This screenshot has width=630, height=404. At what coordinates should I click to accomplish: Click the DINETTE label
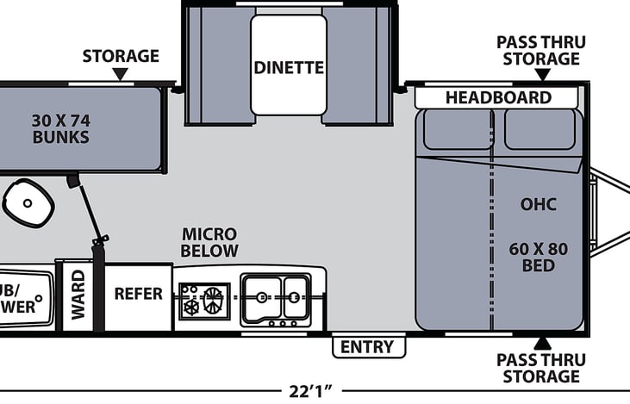[x=288, y=67]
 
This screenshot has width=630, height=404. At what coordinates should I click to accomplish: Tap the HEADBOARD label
[x=497, y=97]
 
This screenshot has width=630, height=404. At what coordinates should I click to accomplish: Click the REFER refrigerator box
[x=139, y=295]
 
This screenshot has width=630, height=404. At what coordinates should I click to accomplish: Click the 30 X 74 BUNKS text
[x=60, y=128]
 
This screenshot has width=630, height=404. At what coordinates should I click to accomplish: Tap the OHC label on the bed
[x=539, y=204]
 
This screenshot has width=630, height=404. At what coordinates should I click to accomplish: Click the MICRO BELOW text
[x=209, y=242]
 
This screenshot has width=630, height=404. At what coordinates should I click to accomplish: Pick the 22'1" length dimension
[x=312, y=392]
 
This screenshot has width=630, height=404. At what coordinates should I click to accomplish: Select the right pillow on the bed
[x=540, y=129]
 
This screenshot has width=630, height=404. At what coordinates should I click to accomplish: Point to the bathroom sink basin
[x=28, y=204]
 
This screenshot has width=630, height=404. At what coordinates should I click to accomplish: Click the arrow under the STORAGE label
[x=122, y=75]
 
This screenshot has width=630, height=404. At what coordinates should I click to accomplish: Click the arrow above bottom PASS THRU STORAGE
[x=541, y=344]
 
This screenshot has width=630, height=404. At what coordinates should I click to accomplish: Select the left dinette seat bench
[x=218, y=65]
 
